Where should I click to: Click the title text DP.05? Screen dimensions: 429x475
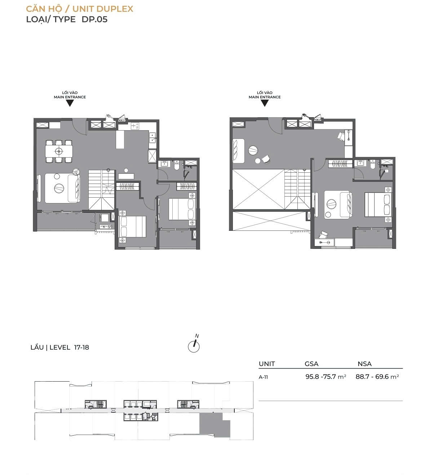click(x=94, y=19)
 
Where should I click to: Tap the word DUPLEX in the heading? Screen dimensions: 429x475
click(x=115, y=9)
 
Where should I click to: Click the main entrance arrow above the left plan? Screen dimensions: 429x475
click(x=70, y=103)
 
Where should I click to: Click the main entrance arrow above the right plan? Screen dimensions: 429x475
click(x=265, y=103)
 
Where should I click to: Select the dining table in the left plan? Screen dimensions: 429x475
click(x=59, y=151)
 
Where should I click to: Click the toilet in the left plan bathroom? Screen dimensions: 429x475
click(x=176, y=166)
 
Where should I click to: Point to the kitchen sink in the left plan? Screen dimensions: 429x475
click(x=152, y=137)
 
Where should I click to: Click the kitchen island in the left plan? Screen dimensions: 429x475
click(x=120, y=140)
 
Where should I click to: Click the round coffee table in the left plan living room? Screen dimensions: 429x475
click(x=59, y=188)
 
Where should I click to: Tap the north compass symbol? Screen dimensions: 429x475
click(x=194, y=346)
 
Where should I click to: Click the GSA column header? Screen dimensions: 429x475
click(x=311, y=364)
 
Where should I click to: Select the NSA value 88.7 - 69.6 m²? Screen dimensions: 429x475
click(x=377, y=377)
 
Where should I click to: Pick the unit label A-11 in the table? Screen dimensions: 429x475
click(x=263, y=377)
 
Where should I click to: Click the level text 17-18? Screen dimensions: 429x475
click(x=81, y=347)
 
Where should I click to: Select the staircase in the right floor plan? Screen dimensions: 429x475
click(x=297, y=189)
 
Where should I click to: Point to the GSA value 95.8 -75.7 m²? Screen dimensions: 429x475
click(x=326, y=377)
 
